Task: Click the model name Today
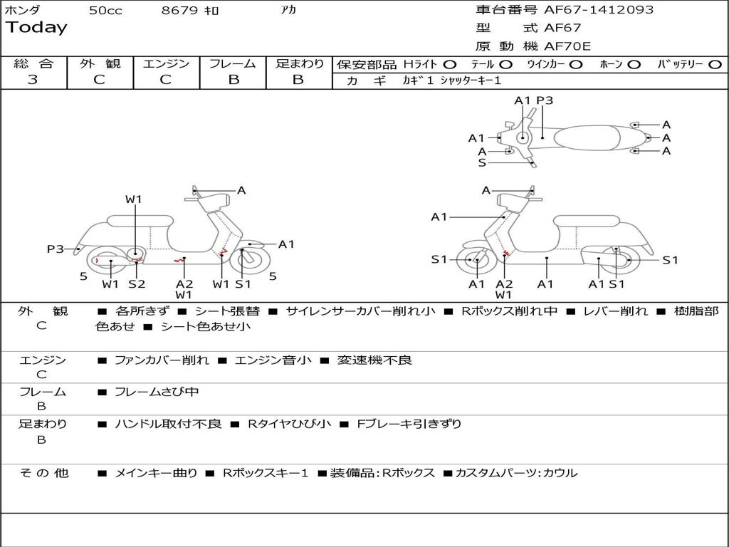coord(36,28)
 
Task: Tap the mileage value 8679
coord(180,11)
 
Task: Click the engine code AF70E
coord(567,46)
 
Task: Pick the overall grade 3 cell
coord(33,80)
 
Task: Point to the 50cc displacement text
coord(105,11)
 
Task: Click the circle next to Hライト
coord(450,64)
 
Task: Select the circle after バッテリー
coord(715,64)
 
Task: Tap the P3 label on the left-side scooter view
coord(55,249)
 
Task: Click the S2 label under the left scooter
coord(137,284)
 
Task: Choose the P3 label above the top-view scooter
coord(545,100)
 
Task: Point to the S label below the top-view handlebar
coord(482,163)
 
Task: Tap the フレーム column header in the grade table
coord(233,63)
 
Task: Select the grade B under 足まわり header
coord(298,80)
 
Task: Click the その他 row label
coord(43,473)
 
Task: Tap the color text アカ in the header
coord(288,11)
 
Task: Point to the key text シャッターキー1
coord(471,80)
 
